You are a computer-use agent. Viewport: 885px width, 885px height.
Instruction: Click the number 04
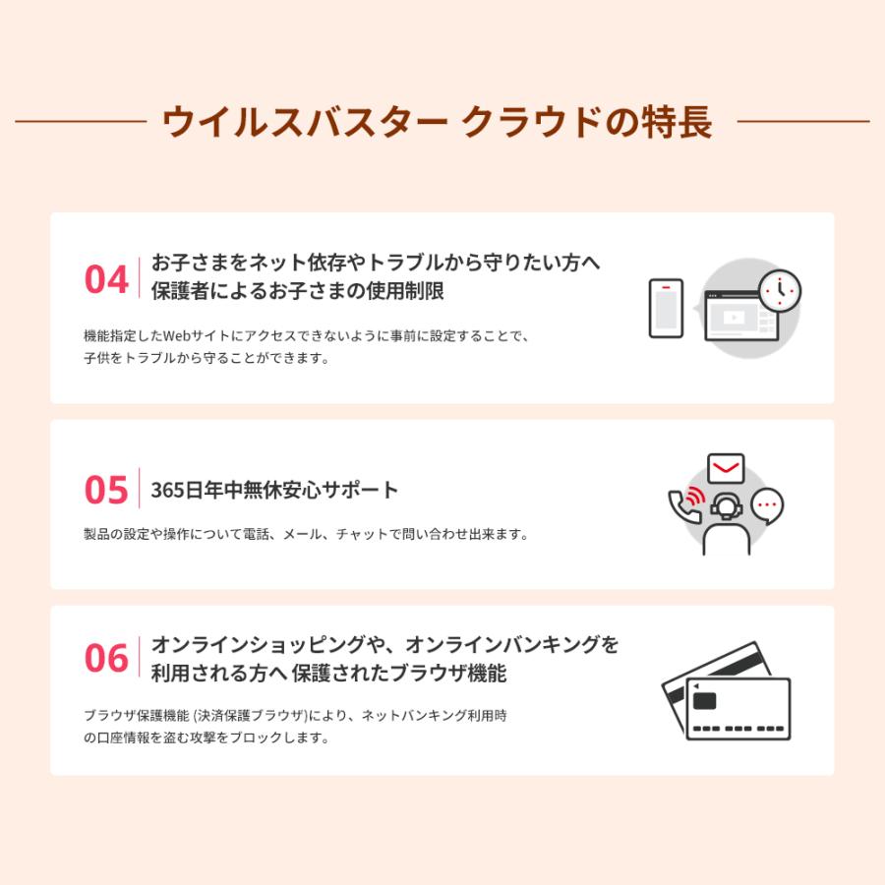click(x=106, y=279)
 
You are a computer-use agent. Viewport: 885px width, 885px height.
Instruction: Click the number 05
click(x=106, y=490)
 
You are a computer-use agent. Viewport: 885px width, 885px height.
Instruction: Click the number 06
click(x=106, y=658)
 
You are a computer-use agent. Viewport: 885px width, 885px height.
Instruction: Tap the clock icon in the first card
click(x=781, y=290)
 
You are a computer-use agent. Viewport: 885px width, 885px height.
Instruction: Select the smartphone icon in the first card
click(x=666, y=308)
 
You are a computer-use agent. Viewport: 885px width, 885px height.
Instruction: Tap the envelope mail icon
click(x=726, y=467)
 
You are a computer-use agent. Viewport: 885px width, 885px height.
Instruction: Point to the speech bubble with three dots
click(x=767, y=505)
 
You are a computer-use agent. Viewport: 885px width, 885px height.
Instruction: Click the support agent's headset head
click(x=726, y=505)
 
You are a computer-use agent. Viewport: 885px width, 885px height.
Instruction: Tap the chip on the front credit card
click(x=704, y=701)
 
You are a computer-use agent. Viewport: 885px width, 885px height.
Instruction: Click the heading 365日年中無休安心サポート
click(x=275, y=490)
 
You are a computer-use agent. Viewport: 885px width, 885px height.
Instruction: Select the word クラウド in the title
click(x=531, y=123)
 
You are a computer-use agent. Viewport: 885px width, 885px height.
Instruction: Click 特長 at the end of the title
click(x=678, y=123)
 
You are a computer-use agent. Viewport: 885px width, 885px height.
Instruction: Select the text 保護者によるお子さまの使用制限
click(x=298, y=291)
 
